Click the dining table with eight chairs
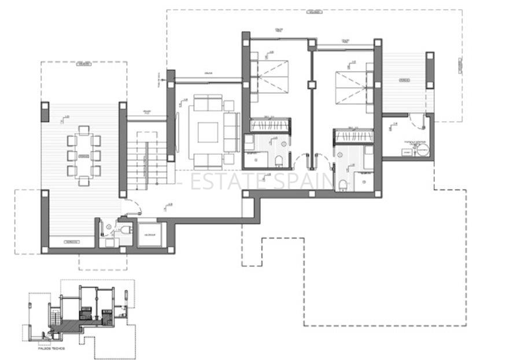coord(82,156)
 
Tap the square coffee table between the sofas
coord(208,132)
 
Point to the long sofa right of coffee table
coord(231,132)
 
